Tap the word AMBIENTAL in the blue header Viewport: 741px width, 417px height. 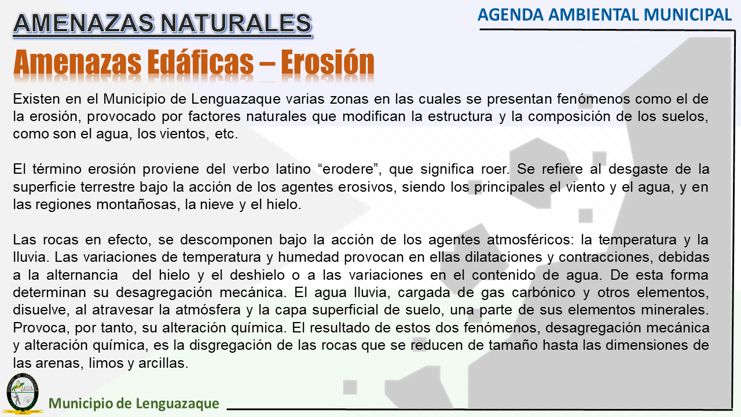pos(594,15)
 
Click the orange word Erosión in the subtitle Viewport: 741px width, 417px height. pos(328,62)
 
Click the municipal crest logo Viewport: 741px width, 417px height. pos(23,393)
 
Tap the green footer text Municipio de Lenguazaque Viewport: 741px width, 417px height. pos(134,403)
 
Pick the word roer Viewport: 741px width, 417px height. pos(495,169)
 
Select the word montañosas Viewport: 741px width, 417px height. pos(138,204)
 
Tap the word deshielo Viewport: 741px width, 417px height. pos(257,275)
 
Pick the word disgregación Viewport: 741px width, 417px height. pos(230,346)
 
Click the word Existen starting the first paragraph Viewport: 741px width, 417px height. pos(36,99)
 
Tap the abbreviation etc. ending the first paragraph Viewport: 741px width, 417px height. pos(226,134)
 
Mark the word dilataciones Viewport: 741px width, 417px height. pos(504,257)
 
